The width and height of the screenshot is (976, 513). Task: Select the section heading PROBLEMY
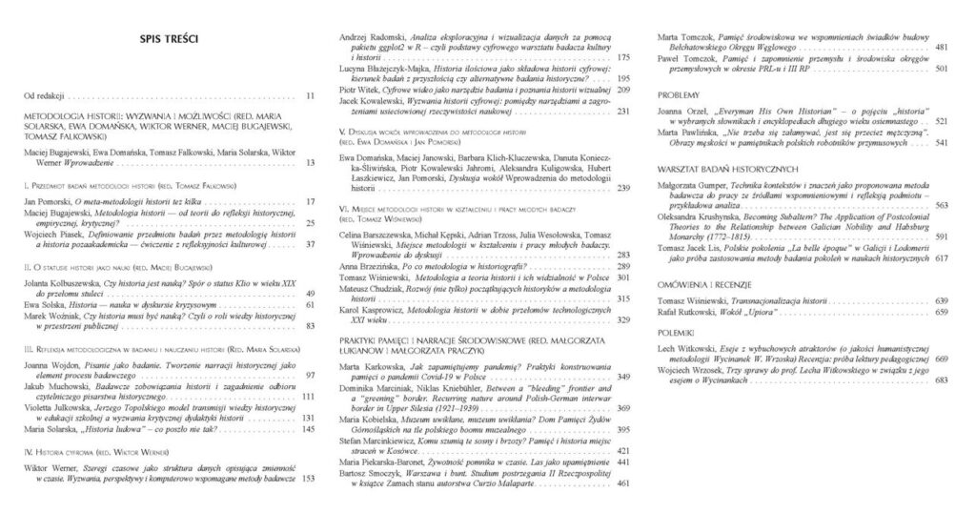point(680,95)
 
